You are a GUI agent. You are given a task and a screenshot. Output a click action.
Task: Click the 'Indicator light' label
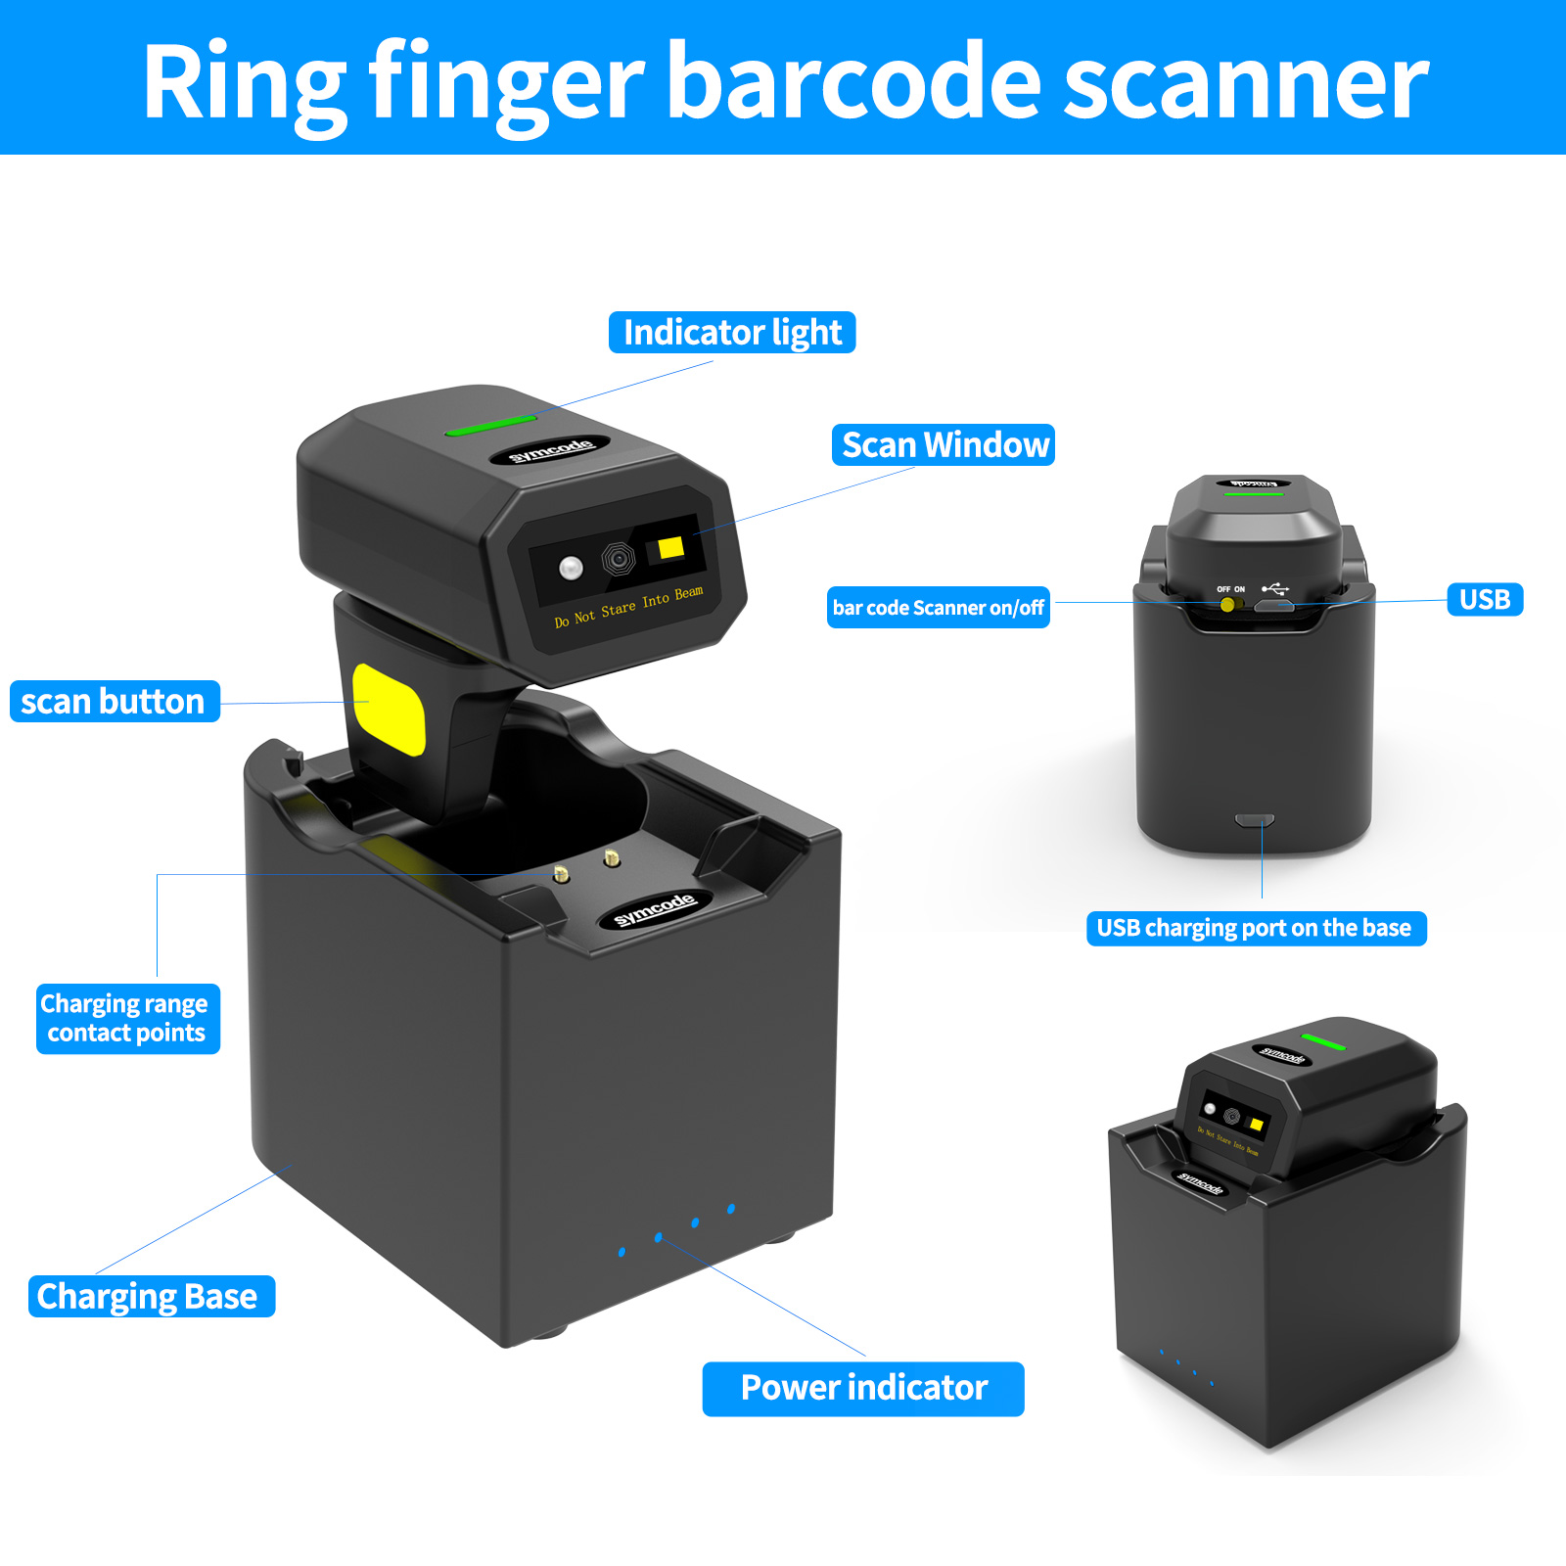point(732,333)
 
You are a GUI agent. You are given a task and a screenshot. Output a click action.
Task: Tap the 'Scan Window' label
point(944,445)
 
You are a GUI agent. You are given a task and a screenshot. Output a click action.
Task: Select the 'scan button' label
point(115,702)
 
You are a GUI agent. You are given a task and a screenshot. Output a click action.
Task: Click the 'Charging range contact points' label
point(127,1019)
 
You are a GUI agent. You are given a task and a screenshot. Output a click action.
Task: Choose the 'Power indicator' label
point(863,1388)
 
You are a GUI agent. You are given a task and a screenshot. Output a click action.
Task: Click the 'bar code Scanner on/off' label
point(938,608)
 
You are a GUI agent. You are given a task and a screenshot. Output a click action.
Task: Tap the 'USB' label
point(1484,599)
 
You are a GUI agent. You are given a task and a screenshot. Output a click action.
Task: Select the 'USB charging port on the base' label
point(1255,928)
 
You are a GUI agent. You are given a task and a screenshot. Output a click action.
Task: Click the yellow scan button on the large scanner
point(389,709)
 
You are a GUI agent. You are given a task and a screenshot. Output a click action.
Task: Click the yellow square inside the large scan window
point(670,548)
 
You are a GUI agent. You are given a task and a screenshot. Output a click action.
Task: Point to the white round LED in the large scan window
point(571,567)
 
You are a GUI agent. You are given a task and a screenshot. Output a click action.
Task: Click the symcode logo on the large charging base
point(654,909)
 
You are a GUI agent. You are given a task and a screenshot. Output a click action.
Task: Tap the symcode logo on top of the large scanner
point(550,450)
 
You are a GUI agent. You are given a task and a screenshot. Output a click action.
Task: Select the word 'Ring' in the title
point(245,82)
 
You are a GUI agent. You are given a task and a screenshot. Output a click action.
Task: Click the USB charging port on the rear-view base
point(1254,819)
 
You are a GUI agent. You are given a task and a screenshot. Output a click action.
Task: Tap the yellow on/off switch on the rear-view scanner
point(1227,605)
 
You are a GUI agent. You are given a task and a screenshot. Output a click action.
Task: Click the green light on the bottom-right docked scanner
point(1322,1041)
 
